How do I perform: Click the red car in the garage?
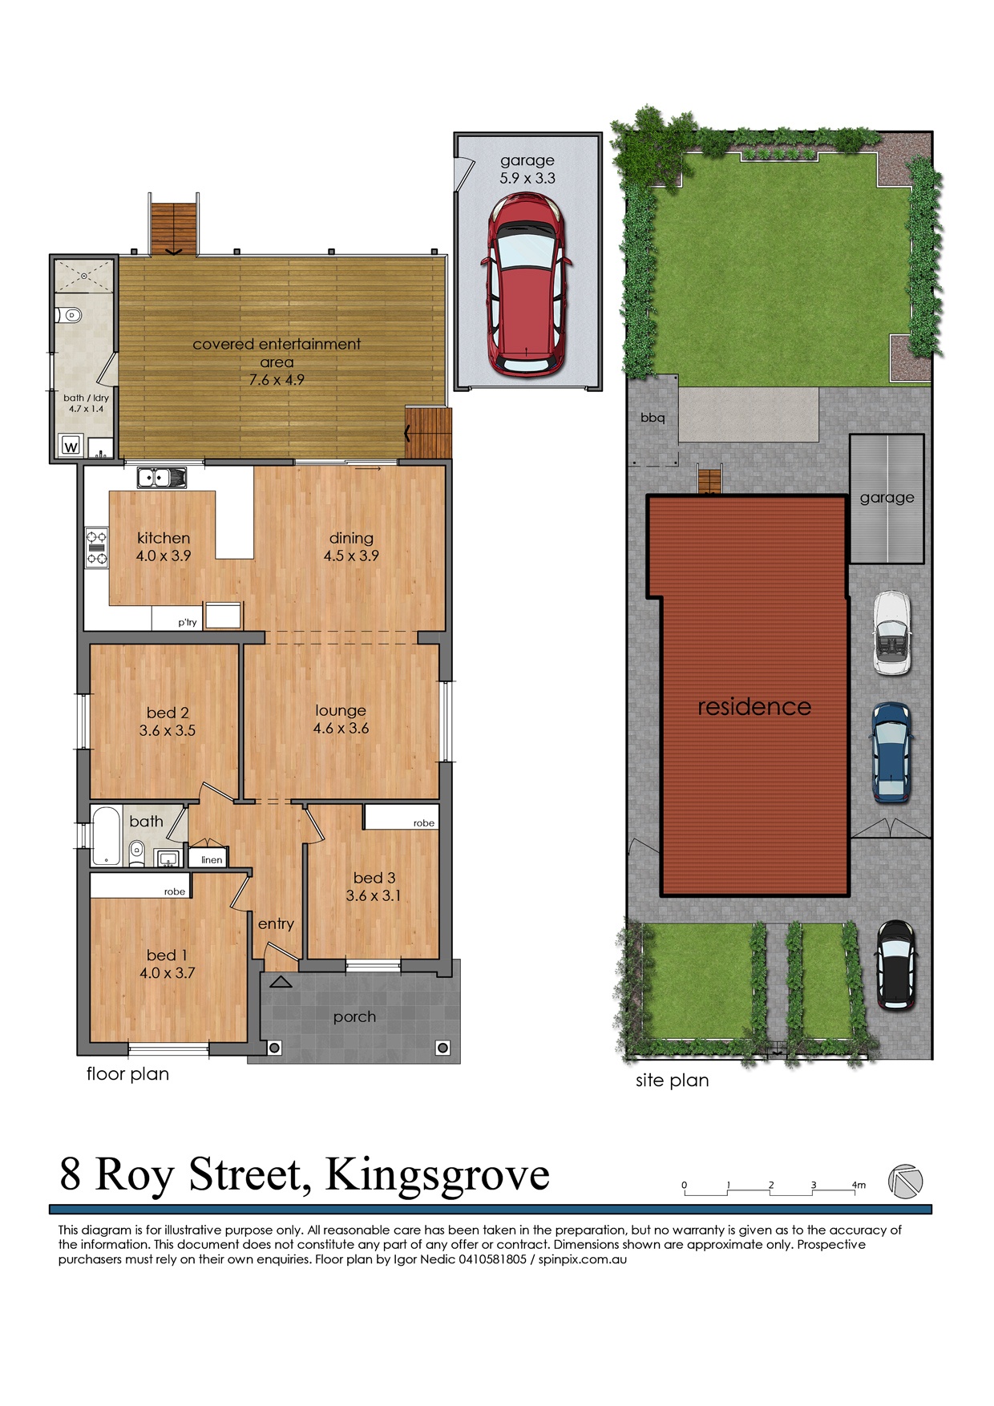tap(526, 287)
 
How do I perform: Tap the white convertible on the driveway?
tap(891, 633)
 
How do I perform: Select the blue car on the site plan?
tap(891, 753)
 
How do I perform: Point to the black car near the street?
tap(895, 964)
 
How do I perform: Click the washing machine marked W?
tap(71, 446)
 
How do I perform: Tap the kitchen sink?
tap(161, 478)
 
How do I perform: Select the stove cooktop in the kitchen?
tap(97, 548)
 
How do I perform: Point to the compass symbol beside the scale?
tap(906, 1181)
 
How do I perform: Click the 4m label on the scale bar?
tap(859, 1185)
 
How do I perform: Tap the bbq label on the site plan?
tap(653, 418)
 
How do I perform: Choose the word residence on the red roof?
tap(754, 706)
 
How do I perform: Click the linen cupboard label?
tap(212, 860)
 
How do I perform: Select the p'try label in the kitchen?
tap(188, 622)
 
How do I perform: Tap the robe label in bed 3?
tap(424, 823)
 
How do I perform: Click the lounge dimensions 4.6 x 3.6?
tap(341, 729)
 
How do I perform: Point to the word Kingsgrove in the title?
tap(438, 1176)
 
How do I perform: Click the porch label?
tap(354, 1017)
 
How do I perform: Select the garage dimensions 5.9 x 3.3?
tap(527, 178)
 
